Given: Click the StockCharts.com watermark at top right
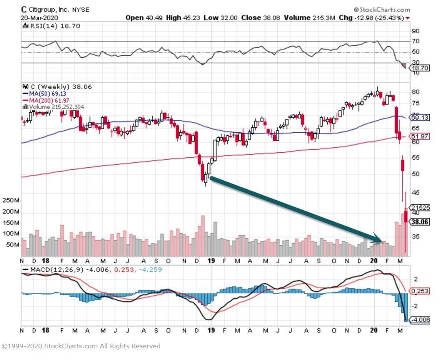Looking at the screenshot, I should (x=382, y=9).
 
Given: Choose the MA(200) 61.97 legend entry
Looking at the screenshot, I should (x=50, y=101).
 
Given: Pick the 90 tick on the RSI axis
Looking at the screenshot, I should (x=415, y=31).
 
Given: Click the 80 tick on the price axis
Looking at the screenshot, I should (x=415, y=92).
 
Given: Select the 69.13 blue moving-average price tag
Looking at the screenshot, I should (x=420, y=118).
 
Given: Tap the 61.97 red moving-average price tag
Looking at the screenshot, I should (x=420, y=136).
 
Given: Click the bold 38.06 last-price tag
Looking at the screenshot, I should (x=420, y=222).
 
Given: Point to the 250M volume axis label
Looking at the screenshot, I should (x=11, y=201).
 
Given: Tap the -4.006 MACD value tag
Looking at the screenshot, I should (x=421, y=320).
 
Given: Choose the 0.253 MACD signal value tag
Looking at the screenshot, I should (x=420, y=291).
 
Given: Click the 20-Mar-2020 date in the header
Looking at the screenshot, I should (x=39, y=18).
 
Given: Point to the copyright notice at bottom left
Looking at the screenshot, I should (x=81, y=346).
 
